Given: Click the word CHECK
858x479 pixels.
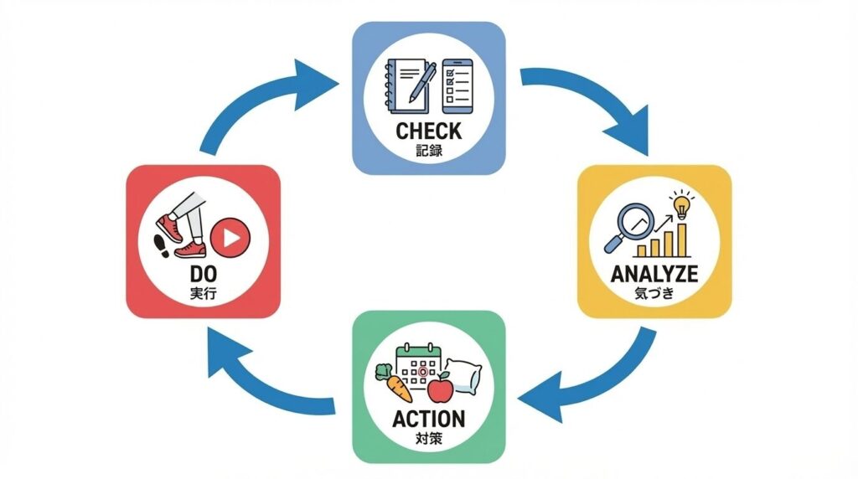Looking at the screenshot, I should pos(428,131).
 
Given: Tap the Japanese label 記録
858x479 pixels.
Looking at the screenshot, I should pos(428,152).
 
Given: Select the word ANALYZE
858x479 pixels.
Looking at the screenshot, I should pos(654,275).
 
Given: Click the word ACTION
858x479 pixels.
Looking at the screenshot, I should pos(428,419).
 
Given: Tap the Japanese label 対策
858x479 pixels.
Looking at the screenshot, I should pos(428,440).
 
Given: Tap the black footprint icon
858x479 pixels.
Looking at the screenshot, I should pos(163,245).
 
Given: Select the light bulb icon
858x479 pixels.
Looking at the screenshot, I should pos(681,204).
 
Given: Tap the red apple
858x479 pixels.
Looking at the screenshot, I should pos(440,389).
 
